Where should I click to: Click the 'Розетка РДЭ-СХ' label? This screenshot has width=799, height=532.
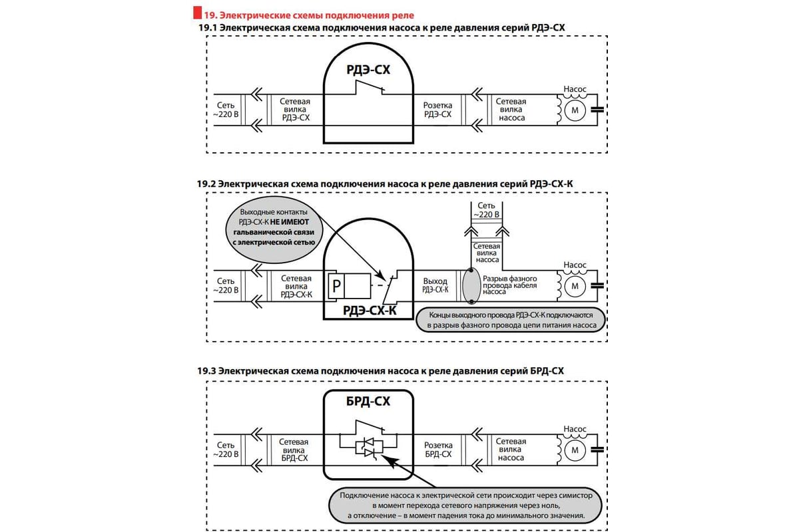(x=437, y=110)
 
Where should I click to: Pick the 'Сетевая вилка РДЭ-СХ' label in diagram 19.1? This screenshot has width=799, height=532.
(x=295, y=110)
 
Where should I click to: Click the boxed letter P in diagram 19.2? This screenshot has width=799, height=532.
(x=336, y=286)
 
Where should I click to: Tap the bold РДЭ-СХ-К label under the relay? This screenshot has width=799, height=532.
(x=368, y=309)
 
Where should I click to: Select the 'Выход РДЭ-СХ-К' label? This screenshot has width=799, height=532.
(x=435, y=286)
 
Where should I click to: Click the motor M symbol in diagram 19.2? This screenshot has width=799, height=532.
(x=573, y=286)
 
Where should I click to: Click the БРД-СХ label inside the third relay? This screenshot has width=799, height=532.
(x=368, y=402)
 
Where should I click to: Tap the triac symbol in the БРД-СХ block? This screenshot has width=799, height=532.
(x=368, y=447)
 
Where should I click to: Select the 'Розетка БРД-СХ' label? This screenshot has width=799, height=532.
(x=437, y=450)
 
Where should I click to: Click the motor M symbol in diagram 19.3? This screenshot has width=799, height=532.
(x=573, y=451)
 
